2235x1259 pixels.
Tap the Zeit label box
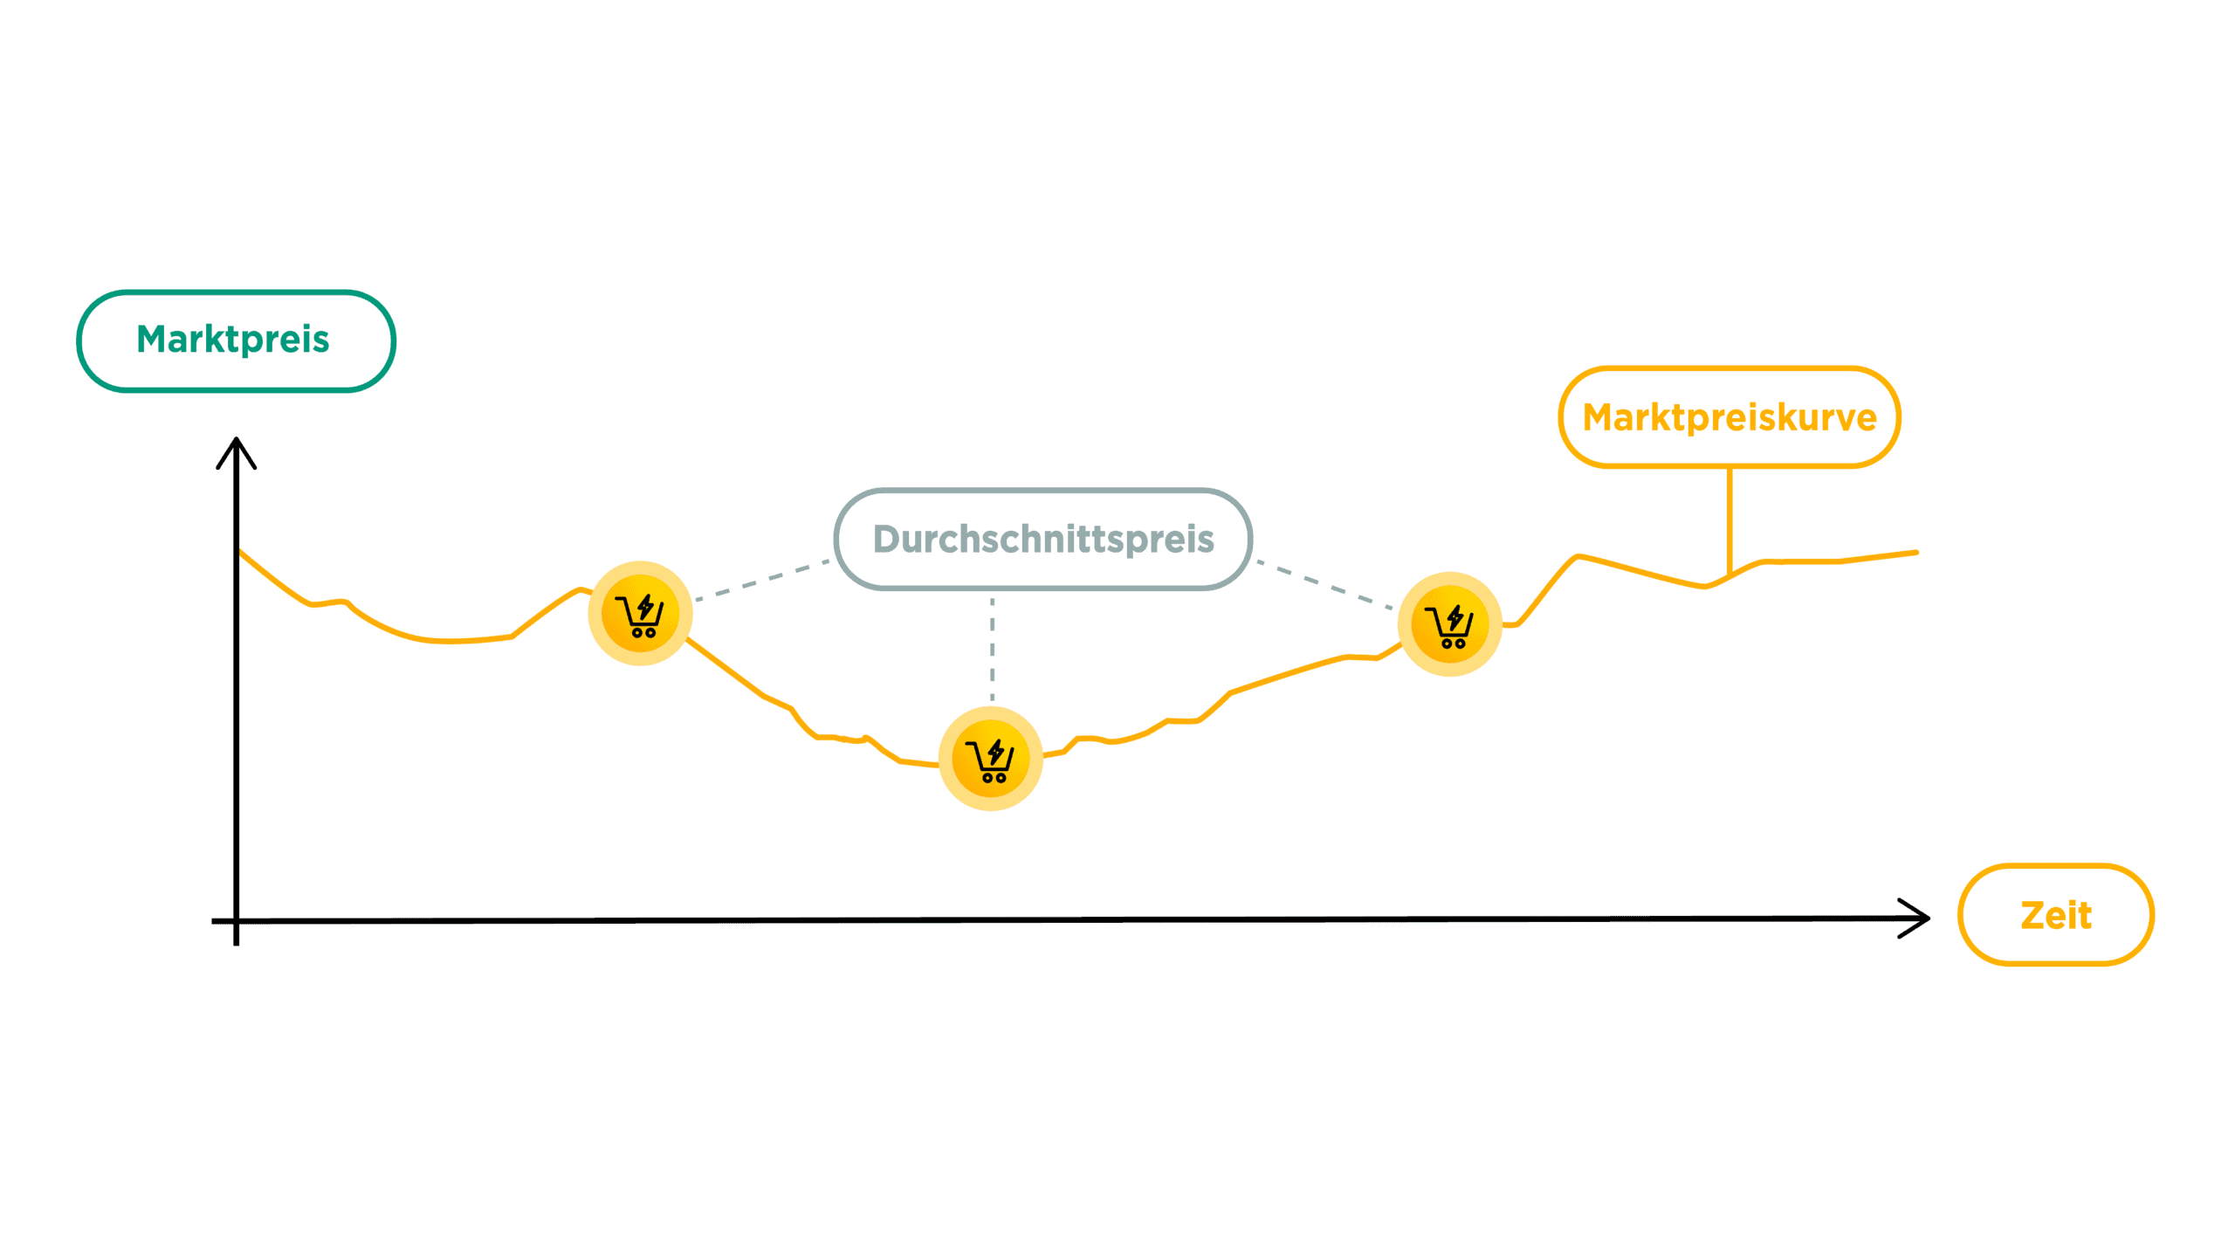pos(2055,915)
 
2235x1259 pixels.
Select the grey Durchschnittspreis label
pos(1042,539)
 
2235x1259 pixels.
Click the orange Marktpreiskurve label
pos(1729,417)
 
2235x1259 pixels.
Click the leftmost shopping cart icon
pos(640,614)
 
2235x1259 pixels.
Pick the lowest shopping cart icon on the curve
pos(990,759)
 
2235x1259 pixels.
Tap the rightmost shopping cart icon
pos(1449,624)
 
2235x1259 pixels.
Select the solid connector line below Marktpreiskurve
pos(1729,519)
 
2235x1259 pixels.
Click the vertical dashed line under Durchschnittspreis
pos(992,650)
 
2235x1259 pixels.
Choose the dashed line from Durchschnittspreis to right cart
pos(1325,584)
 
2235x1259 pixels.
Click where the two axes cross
pos(237,920)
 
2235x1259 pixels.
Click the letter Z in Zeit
pos(2033,916)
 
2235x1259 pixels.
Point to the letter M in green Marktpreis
pos(154,339)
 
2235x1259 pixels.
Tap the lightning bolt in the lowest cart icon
pos(996,751)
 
